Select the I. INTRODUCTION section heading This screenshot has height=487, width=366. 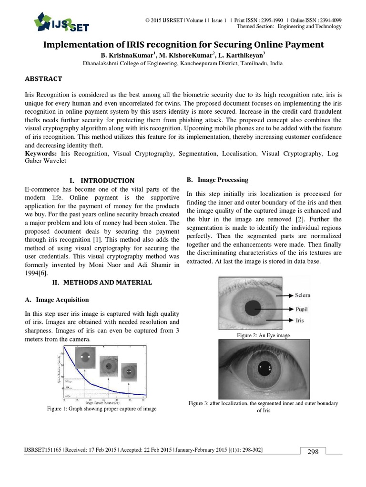click(102, 181)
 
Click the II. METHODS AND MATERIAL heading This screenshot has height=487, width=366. click(102, 282)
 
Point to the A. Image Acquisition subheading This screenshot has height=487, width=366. click(56, 300)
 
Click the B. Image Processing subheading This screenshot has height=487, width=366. click(217, 180)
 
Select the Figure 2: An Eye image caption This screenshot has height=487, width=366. click(263, 336)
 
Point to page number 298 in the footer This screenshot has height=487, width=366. click(313, 452)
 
